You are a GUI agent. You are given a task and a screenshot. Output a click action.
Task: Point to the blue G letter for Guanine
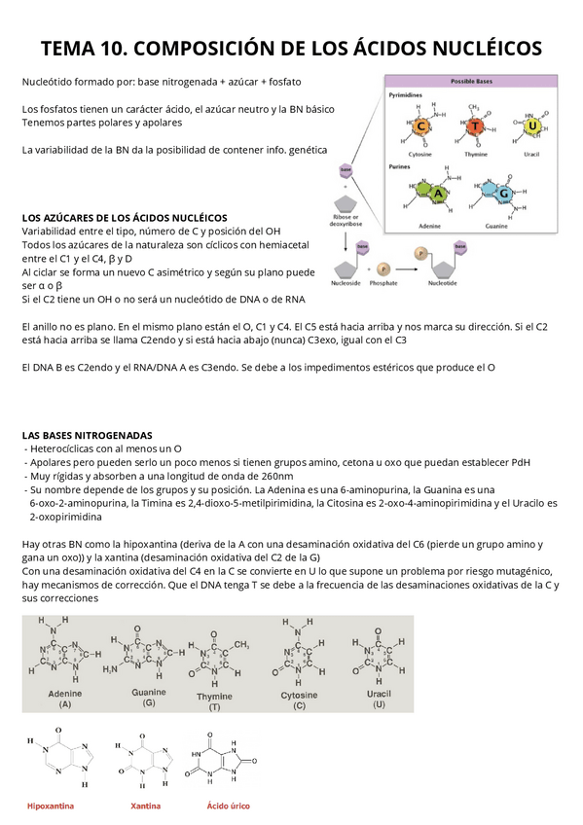(x=504, y=194)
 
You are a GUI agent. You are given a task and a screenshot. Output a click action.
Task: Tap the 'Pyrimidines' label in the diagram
(x=405, y=96)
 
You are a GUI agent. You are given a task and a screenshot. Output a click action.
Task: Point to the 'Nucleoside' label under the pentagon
(x=346, y=283)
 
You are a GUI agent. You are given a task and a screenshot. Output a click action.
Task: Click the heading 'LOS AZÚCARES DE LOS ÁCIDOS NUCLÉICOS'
(x=124, y=217)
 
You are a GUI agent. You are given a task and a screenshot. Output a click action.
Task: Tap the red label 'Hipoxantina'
(x=51, y=806)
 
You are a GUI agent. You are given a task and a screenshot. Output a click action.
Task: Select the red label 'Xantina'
(x=146, y=806)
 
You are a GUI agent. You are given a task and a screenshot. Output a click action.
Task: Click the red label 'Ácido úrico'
(x=228, y=806)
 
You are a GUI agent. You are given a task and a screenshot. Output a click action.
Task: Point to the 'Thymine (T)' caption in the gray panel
(x=214, y=701)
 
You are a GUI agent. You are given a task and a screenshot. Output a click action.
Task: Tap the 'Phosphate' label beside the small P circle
(x=383, y=283)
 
